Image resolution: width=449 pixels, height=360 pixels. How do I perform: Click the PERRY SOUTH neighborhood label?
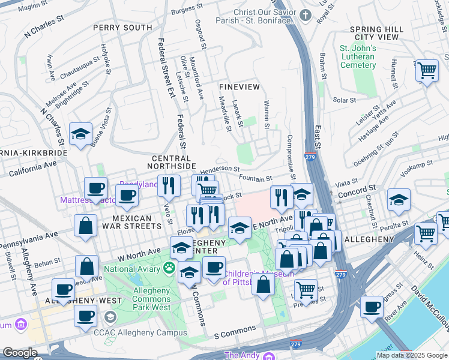tap(122, 28)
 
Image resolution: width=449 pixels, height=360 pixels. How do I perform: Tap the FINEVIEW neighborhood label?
tap(239, 87)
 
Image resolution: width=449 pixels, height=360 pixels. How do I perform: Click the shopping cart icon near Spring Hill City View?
tap(427, 71)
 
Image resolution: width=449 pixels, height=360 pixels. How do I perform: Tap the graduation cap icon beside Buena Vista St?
tap(80, 134)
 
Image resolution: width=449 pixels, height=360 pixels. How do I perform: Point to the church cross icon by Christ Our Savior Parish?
tap(306, 15)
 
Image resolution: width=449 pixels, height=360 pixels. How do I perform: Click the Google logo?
tap(20, 353)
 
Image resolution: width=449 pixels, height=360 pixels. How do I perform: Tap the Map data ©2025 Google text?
tap(412, 355)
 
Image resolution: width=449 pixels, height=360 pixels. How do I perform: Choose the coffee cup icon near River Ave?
tap(372, 307)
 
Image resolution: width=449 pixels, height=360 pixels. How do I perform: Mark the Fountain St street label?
tap(255, 178)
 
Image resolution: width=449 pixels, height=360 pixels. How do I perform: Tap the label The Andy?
tap(242, 355)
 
